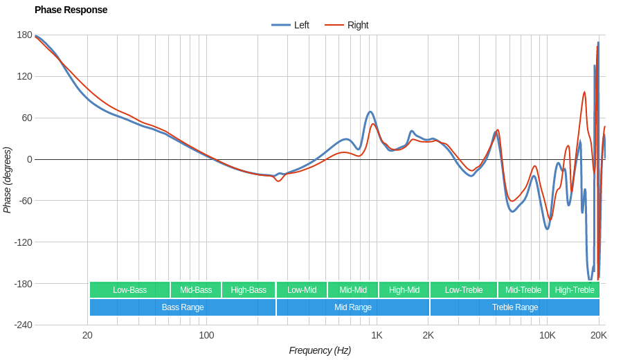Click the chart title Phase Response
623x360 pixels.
coord(71,10)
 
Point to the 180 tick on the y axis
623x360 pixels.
coord(24,35)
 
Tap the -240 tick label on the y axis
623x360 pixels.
coord(23,325)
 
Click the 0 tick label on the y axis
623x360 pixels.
coord(29,159)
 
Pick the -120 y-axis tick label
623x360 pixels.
coord(23,242)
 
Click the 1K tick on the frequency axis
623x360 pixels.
coord(377,335)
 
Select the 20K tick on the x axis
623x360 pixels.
coord(598,335)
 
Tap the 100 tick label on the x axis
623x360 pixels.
coord(206,335)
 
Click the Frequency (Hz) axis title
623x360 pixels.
coord(320,350)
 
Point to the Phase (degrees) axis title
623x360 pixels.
coord(8,180)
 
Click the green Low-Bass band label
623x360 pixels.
coord(129,290)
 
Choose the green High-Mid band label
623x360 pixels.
coord(404,290)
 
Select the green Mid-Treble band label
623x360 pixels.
coord(523,290)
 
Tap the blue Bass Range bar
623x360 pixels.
coord(183,307)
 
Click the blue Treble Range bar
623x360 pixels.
coord(515,307)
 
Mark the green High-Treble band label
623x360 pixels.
coord(575,290)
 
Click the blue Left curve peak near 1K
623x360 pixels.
coord(370,111)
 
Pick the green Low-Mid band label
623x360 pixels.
coord(302,290)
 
